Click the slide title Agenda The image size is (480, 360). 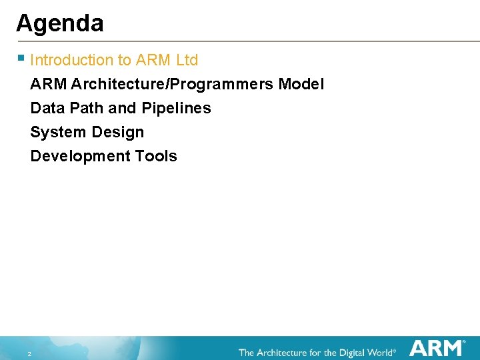tap(60, 23)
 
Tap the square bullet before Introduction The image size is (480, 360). tap(22, 58)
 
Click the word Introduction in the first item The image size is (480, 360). tap(72, 60)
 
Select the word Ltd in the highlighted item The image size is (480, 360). tap(187, 60)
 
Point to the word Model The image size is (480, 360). tap(301, 85)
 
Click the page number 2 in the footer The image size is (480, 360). tap(29, 353)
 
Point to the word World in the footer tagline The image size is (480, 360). tap(377, 352)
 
